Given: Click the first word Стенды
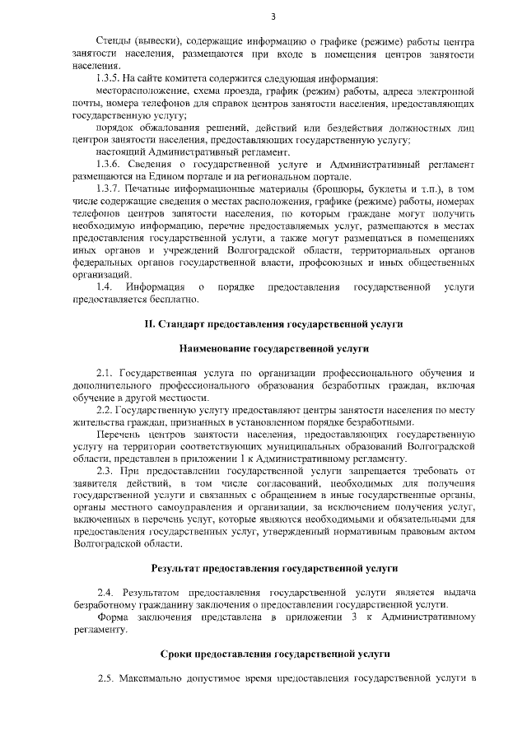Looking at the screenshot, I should [x=113, y=40].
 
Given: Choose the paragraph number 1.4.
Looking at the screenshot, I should [x=104, y=286].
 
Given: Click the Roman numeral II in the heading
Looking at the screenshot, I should [x=150, y=324].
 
